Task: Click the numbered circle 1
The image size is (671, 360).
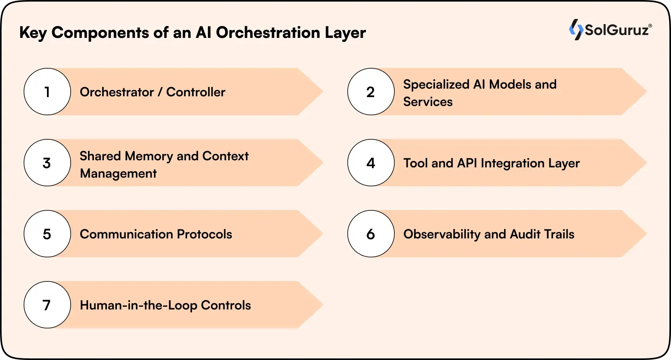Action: (x=47, y=92)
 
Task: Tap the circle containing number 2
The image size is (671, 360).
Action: (x=371, y=92)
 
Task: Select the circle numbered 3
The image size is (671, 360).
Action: (x=47, y=163)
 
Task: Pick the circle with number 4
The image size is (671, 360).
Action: (x=371, y=163)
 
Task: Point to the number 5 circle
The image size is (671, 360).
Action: (x=47, y=234)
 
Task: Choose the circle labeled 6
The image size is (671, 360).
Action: (x=371, y=234)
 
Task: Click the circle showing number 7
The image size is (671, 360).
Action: (x=47, y=305)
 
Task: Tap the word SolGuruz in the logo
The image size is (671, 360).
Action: (x=617, y=30)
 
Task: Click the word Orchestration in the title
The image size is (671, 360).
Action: (x=268, y=32)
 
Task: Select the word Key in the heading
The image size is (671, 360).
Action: (x=33, y=33)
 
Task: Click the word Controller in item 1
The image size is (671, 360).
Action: (x=196, y=92)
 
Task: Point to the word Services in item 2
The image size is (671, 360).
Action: (x=428, y=102)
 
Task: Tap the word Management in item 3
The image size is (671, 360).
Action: (x=118, y=174)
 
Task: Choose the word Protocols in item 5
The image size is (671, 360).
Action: (x=204, y=234)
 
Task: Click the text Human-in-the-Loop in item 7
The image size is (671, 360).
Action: (x=139, y=305)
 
